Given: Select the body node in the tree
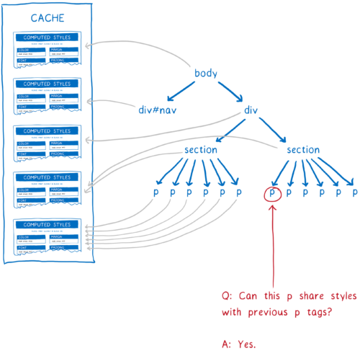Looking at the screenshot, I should pyautogui.click(x=206, y=74).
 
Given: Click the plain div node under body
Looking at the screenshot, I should pyautogui.click(x=251, y=110).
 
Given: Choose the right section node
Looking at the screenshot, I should pyautogui.click(x=303, y=150).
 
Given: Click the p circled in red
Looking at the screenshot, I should pyautogui.click(x=272, y=193).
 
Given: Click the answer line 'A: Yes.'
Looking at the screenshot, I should pyautogui.click(x=240, y=345).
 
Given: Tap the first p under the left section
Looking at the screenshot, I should pyautogui.click(x=156, y=193).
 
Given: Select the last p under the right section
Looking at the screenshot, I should pyautogui.click(x=354, y=193).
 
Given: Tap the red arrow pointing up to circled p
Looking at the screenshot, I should pyautogui.click(x=273, y=245).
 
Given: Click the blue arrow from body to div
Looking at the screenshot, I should pyautogui.click(x=231, y=92).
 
